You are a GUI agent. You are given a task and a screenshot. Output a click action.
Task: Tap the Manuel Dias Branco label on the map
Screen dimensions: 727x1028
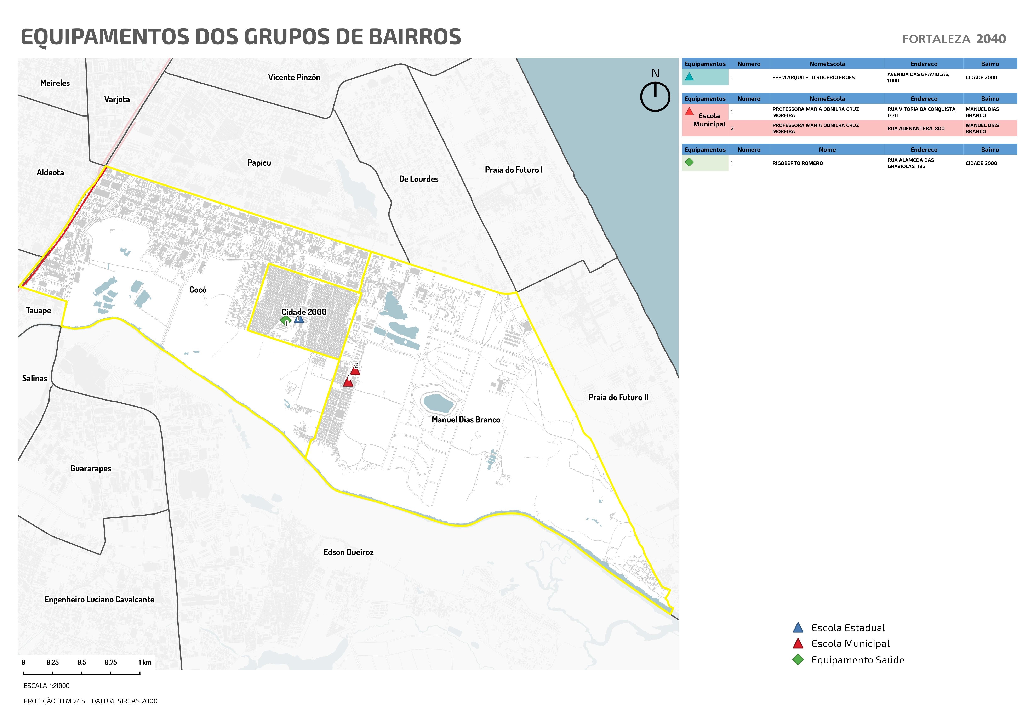466,420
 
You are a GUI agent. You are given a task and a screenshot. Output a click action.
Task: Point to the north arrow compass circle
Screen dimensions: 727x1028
655,97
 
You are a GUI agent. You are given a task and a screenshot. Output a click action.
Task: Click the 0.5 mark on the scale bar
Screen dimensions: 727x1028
81,663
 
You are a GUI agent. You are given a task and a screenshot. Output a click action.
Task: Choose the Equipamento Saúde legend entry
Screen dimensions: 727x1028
857,660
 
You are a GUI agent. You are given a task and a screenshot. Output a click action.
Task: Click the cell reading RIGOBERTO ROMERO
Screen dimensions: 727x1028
797,164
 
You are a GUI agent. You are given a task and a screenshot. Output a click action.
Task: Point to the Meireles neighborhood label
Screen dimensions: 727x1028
55,83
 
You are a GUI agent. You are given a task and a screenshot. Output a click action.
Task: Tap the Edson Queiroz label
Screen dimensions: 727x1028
348,552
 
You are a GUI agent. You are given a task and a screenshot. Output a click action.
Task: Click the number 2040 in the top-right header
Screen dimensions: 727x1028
991,39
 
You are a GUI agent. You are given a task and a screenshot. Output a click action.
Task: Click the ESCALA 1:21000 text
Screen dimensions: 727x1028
47,686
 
